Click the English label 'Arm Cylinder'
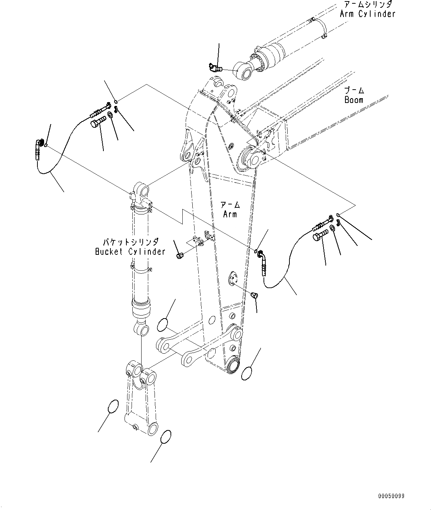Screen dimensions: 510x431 tap(368, 14)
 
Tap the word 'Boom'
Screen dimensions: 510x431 tap(354, 100)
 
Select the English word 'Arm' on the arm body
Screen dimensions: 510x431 tap(230, 214)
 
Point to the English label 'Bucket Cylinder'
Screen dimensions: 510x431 tap(130, 252)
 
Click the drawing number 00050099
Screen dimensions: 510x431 tap(391, 496)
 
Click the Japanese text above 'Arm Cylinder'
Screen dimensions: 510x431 tap(367, 5)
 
